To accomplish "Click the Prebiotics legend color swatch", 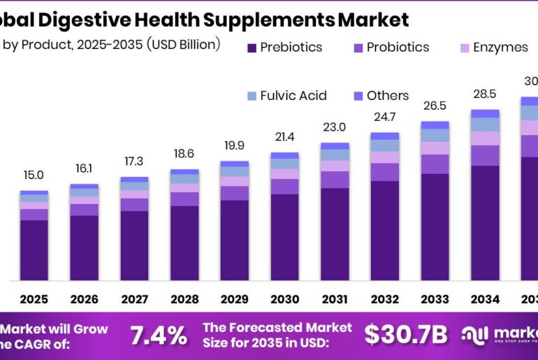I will [252, 48].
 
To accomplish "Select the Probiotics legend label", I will [398, 48].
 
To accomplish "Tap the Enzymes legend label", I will [500, 48].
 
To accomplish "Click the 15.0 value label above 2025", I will [34, 175].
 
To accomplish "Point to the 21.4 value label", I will [284, 136].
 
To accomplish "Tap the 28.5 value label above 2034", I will [485, 94].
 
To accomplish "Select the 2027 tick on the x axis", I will [134, 299].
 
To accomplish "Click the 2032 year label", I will [384, 299].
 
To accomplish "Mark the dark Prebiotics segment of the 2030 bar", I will [284, 238].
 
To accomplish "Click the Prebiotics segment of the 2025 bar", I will [34, 250].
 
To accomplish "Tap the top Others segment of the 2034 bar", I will [485, 113].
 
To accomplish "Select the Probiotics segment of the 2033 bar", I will [435, 164].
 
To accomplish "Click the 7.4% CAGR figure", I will [159, 336].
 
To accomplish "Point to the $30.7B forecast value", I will [405, 336].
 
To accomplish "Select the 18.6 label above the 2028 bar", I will [184, 153].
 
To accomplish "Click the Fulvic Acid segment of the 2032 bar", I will [384, 145].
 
